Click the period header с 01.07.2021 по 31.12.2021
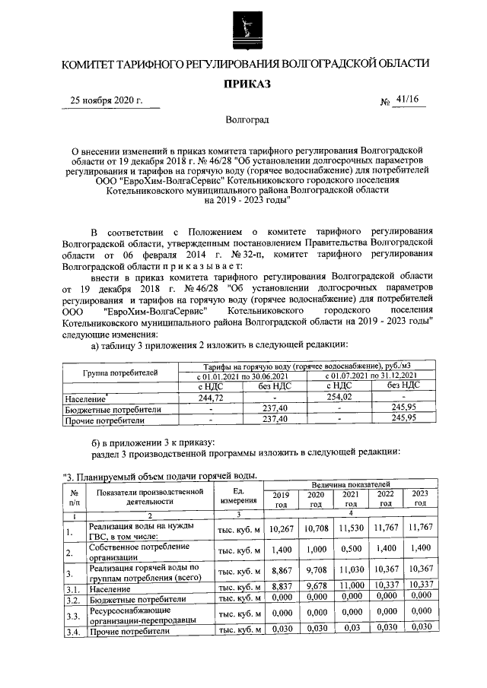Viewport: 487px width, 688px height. click(x=371, y=376)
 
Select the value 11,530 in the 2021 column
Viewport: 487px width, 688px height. click(x=351, y=527)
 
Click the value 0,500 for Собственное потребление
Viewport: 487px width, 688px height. click(x=351, y=548)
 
